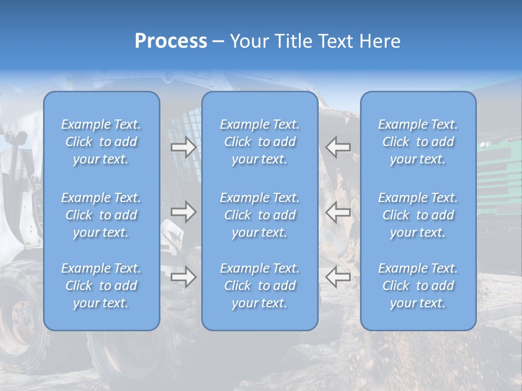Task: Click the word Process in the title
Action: click(x=171, y=41)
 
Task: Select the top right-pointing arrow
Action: click(x=184, y=147)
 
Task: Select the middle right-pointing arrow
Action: click(x=184, y=212)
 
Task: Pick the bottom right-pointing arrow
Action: click(x=184, y=277)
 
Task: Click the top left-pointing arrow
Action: click(x=338, y=147)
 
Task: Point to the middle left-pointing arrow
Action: click(x=338, y=212)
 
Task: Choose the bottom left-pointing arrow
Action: click(x=338, y=277)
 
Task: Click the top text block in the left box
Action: click(x=101, y=142)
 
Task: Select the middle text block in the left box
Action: click(x=101, y=215)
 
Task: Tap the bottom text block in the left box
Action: click(x=101, y=286)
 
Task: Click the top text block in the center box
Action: click(x=260, y=142)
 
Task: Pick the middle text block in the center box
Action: click(x=260, y=215)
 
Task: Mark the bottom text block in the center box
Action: click(x=260, y=286)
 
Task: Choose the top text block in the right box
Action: click(x=418, y=142)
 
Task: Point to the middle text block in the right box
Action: click(x=418, y=215)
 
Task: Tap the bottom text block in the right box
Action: click(x=418, y=286)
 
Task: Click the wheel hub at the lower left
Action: click(x=22, y=320)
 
